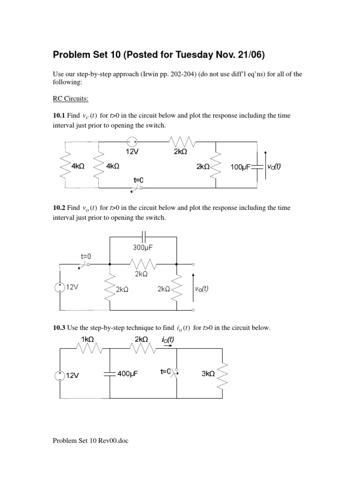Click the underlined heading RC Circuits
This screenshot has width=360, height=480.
point(70,99)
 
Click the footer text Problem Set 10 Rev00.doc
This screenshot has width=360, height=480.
point(90,440)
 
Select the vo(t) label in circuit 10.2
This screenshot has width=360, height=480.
point(202,289)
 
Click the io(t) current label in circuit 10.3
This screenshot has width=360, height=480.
point(168,340)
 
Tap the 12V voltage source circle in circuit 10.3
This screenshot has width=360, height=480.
point(60,375)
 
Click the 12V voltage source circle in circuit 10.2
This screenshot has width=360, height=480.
point(60,288)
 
